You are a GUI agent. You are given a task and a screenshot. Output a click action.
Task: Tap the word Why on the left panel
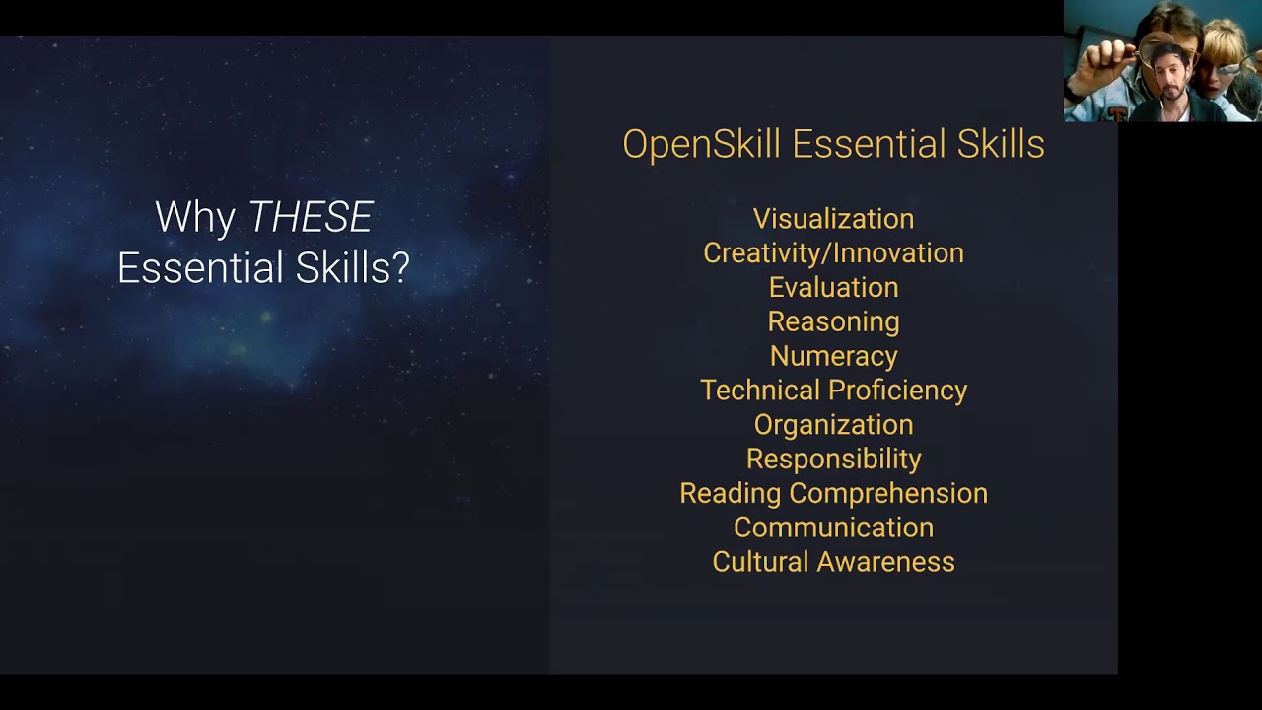point(195,218)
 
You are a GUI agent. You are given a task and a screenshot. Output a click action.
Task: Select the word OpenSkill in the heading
point(701,145)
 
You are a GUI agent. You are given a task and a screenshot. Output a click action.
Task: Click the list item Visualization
point(834,219)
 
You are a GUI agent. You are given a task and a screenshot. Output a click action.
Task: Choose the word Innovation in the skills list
point(898,253)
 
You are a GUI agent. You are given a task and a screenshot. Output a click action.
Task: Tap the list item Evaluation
point(834,287)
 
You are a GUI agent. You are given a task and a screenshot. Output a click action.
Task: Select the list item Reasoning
point(834,322)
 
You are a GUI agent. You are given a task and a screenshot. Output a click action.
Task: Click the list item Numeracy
point(834,357)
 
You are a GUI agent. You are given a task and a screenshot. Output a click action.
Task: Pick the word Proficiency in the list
point(898,390)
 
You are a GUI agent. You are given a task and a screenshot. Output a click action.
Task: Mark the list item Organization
point(834,425)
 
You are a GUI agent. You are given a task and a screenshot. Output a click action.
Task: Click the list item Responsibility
point(834,460)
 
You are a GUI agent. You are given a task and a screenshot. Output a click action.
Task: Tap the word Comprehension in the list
point(888,494)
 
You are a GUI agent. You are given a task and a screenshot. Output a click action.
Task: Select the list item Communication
point(834,528)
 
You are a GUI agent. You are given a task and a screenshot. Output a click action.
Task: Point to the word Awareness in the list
point(886,562)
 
